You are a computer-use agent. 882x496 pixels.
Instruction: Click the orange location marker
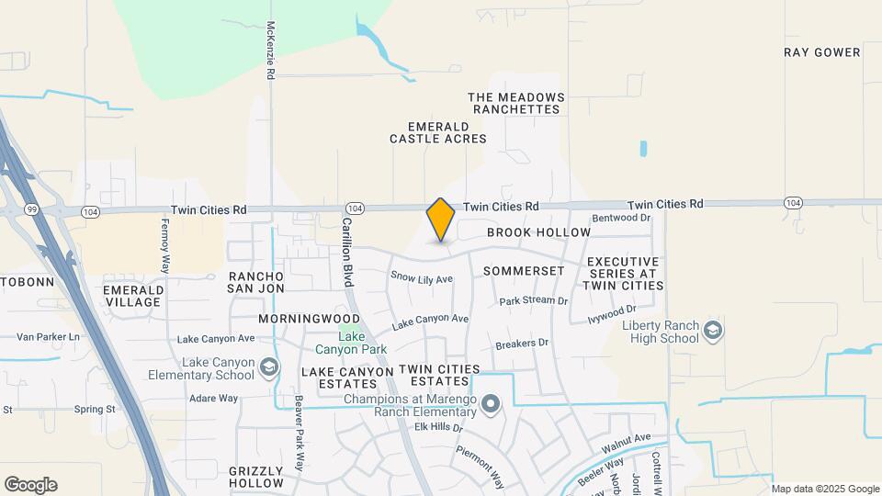click(441, 220)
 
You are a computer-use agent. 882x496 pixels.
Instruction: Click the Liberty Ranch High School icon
click(712, 331)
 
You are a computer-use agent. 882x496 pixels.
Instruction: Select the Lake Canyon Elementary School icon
click(268, 368)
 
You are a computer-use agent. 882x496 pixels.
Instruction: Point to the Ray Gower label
click(822, 52)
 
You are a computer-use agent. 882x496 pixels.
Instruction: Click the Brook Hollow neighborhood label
click(538, 232)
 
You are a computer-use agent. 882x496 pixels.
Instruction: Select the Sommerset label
click(523, 272)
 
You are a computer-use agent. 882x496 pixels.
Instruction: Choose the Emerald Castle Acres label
click(438, 132)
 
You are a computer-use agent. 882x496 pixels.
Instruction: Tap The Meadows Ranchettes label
click(514, 103)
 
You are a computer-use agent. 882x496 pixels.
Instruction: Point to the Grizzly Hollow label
click(256, 476)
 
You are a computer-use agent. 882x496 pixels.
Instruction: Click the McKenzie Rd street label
click(271, 50)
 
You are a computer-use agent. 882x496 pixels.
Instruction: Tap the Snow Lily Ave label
click(422, 277)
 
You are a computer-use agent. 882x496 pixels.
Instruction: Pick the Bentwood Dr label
click(621, 218)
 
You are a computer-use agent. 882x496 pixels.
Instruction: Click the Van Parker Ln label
click(48, 337)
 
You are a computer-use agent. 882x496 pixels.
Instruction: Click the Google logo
click(30, 485)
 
